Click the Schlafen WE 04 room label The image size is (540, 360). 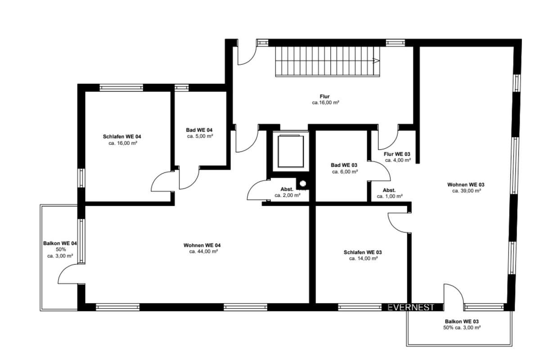tap(122, 136)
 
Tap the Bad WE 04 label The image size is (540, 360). tap(199, 130)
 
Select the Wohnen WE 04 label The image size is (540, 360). tap(202, 245)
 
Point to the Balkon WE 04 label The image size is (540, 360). tap(60, 243)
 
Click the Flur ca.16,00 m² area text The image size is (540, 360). tap(325, 103)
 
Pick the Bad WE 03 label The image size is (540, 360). tap(344, 165)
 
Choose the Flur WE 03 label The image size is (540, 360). tap(397, 154)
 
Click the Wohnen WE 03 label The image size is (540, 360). tap(466, 184)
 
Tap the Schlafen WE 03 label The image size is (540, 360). tap(363, 252)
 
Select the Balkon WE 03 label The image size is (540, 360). tap(462, 321)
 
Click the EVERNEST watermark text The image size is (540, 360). tap(411, 307)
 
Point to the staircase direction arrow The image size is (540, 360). tap(376, 60)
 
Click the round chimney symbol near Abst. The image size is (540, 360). tap(303, 184)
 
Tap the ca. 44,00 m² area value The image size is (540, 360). tap(204, 252)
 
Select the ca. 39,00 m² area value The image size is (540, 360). tap(467, 191)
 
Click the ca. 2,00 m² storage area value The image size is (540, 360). tap(288, 195)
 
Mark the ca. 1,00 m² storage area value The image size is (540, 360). tap(390, 196)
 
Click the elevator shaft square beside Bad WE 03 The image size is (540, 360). tap(291, 151)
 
